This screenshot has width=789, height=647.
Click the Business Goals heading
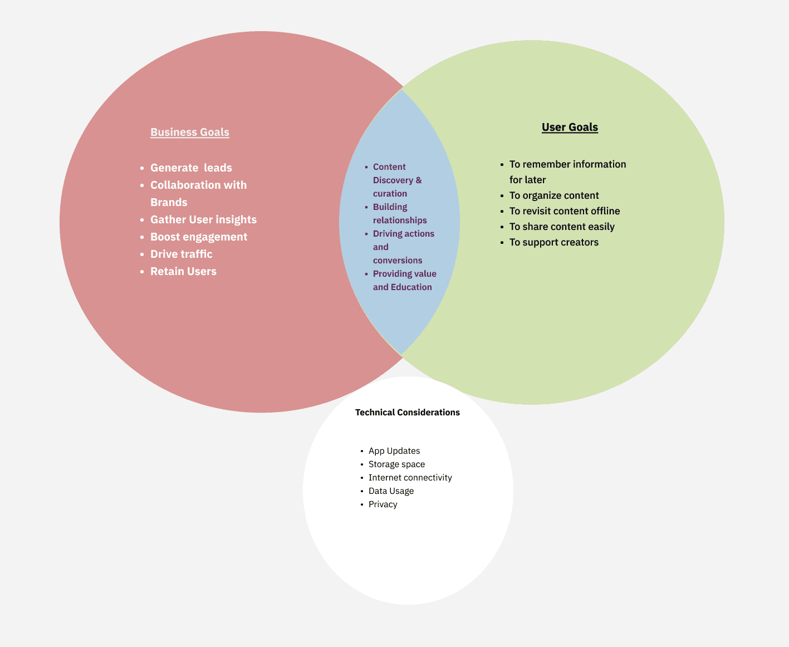190,132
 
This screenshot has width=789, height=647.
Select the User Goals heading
570,127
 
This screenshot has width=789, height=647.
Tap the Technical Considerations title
408,413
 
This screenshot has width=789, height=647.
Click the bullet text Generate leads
191,168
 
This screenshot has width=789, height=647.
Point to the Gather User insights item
203,219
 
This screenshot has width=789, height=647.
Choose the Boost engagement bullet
199,237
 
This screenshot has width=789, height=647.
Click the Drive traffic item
182,254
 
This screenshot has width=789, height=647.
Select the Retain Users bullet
183,271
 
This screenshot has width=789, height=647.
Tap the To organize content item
554,195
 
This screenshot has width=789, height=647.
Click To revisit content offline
565,211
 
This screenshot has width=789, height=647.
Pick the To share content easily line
562,227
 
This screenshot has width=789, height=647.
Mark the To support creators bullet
554,242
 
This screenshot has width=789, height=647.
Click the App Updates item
394,451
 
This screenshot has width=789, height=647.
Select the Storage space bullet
396,464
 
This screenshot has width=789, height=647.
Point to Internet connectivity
410,478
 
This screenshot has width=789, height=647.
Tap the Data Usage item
391,491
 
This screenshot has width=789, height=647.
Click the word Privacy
383,504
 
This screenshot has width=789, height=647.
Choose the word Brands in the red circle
169,202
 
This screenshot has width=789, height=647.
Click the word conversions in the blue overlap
398,261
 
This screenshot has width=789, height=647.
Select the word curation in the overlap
390,194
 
